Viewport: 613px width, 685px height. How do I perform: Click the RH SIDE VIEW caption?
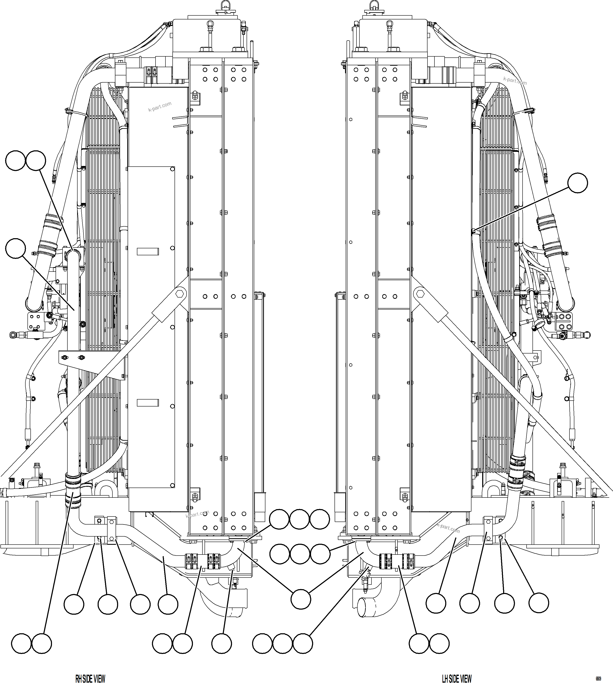coord(90,678)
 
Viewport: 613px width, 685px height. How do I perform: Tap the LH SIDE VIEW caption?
coord(457,678)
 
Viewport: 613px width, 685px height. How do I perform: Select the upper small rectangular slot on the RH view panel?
coord(147,251)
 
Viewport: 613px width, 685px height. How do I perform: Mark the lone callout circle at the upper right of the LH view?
coord(578,183)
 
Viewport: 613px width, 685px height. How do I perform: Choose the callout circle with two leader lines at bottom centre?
coord(300,599)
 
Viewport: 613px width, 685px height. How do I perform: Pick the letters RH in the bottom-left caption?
coord(78,678)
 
